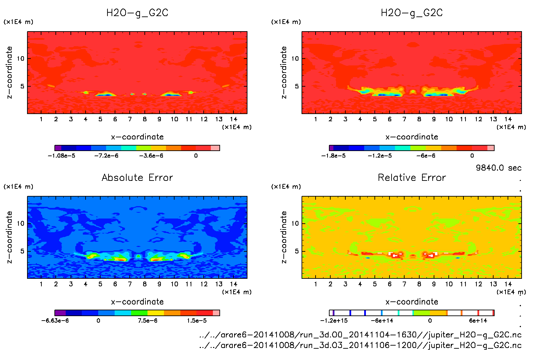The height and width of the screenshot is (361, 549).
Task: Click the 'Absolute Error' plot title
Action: pyautogui.click(x=137, y=177)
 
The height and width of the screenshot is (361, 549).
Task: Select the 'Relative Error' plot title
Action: pyautogui.click(x=412, y=177)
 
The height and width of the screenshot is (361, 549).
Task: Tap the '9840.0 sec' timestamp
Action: pyautogui.click(x=498, y=168)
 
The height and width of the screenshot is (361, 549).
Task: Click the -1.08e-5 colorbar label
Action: pyautogui.click(x=61, y=156)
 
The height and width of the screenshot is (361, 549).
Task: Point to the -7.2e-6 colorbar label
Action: pyautogui.click(x=106, y=156)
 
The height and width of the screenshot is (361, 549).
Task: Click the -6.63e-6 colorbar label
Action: pyautogui.click(x=55, y=321)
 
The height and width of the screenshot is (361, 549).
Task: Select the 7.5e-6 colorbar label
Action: pyautogui.click(x=148, y=321)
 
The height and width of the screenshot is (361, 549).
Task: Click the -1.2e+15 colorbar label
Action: pyautogui.click(x=334, y=321)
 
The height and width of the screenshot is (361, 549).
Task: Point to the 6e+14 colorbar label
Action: pyautogui.click(x=478, y=321)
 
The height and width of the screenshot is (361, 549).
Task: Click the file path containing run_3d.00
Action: pyautogui.click(x=360, y=335)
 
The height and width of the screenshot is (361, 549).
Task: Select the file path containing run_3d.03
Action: pyautogui.click(x=360, y=345)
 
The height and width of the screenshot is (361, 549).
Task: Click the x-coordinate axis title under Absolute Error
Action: pyautogui.click(x=137, y=302)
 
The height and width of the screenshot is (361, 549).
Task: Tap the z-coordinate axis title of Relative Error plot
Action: pyautogui.click(x=284, y=237)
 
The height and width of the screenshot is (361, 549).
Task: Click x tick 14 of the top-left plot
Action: pyautogui.click(x=233, y=119)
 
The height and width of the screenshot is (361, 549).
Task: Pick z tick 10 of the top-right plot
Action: pyautogui.click(x=295, y=59)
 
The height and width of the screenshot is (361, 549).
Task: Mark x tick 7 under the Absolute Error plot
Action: pyautogui.click(x=130, y=284)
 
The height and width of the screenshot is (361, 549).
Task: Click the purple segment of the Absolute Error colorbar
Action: pyautogui.click(x=60, y=313)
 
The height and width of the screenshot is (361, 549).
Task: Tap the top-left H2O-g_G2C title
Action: pyautogui.click(x=137, y=13)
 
